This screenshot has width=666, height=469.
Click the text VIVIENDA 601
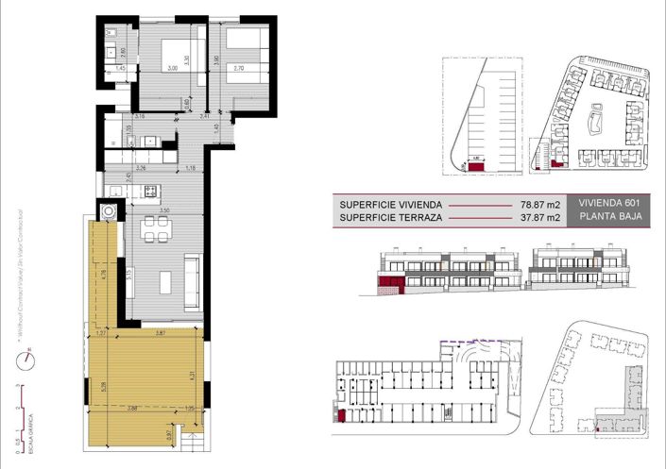point(610,203)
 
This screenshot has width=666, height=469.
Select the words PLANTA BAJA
point(610,218)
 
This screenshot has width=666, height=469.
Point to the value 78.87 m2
point(543,203)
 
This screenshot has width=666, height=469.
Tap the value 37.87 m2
point(543,218)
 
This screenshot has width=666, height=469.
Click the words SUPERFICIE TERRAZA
point(387,218)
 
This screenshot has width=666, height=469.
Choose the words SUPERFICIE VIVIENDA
point(388,203)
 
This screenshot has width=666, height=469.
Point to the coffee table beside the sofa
point(164,279)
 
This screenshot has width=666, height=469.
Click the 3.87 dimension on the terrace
point(161,332)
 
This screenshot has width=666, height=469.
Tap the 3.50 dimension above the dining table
point(163,209)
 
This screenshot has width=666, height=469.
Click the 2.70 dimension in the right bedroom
point(238,69)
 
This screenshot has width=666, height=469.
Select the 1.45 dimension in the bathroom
point(121,68)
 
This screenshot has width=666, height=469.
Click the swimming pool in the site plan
point(597,120)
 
